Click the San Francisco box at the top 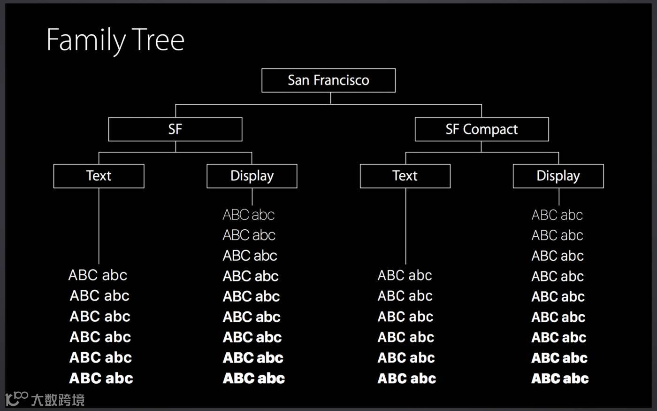click(x=328, y=80)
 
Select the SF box click(x=175, y=129)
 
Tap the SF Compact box click(x=481, y=129)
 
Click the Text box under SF click(x=99, y=176)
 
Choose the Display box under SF click(x=252, y=176)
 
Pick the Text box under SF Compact click(x=405, y=176)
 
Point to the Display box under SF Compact click(x=558, y=176)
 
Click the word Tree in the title click(x=158, y=40)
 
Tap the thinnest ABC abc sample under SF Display click(x=249, y=215)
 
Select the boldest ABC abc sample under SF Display click(x=254, y=379)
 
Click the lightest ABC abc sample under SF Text click(x=98, y=275)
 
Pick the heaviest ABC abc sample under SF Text click(x=101, y=379)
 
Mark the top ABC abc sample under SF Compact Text click(x=405, y=275)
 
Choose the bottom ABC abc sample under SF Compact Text click(x=407, y=379)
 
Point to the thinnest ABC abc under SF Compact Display click(x=557, y=215)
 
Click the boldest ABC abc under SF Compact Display click(x=560, y=379)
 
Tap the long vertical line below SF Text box click(x=99, y=225)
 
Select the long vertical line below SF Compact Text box click(x=405, y=225)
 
